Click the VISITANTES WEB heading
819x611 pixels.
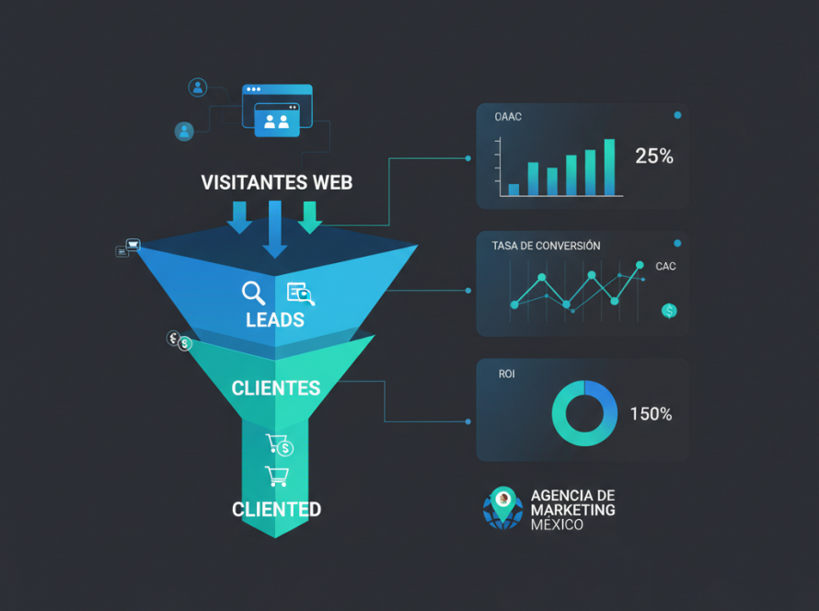point(277,183)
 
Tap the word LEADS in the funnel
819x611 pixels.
point(275,319)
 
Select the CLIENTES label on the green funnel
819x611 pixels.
point(276,388)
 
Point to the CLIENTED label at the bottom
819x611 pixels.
point(276,509)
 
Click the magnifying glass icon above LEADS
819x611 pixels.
point(253,293)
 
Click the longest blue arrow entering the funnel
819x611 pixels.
point(275,230)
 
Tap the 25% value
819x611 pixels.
point(654,156)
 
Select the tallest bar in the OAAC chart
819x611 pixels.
point(609,167)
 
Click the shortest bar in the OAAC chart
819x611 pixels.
point(514,190)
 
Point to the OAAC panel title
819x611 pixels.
point(508,117)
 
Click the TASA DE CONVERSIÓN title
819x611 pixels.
point(546,246)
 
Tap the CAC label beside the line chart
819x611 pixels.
point(665,266)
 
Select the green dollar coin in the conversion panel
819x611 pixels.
point(669,311)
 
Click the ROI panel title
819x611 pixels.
point(507,374)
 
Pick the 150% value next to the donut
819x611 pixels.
point(651,414)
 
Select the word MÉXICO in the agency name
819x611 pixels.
point(557,525)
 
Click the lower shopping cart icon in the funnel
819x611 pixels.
point(277,477)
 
